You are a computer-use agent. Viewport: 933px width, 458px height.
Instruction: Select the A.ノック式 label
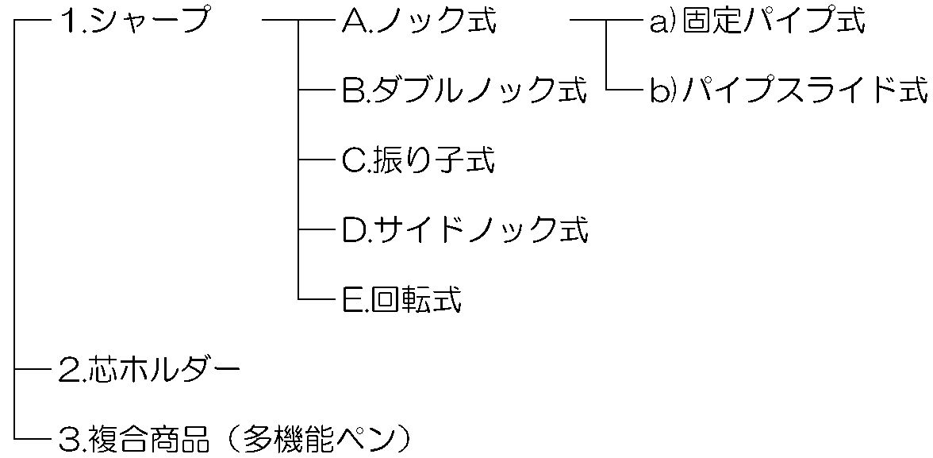point(419,22)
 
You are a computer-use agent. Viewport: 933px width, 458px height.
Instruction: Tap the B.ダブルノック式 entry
point(465,91)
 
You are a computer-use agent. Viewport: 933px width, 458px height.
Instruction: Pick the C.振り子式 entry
point(418,161)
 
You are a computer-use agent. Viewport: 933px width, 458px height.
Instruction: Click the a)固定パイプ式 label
point(757,22)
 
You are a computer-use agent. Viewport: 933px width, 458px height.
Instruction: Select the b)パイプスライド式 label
point(789,91)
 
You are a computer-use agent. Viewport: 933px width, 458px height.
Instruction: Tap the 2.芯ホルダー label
point(149,370)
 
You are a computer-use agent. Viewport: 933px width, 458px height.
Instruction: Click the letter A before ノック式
point(351,22)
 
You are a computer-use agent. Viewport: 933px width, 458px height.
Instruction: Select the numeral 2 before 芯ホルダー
point(67,370)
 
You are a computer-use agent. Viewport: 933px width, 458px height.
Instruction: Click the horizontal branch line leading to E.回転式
point(317,300)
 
